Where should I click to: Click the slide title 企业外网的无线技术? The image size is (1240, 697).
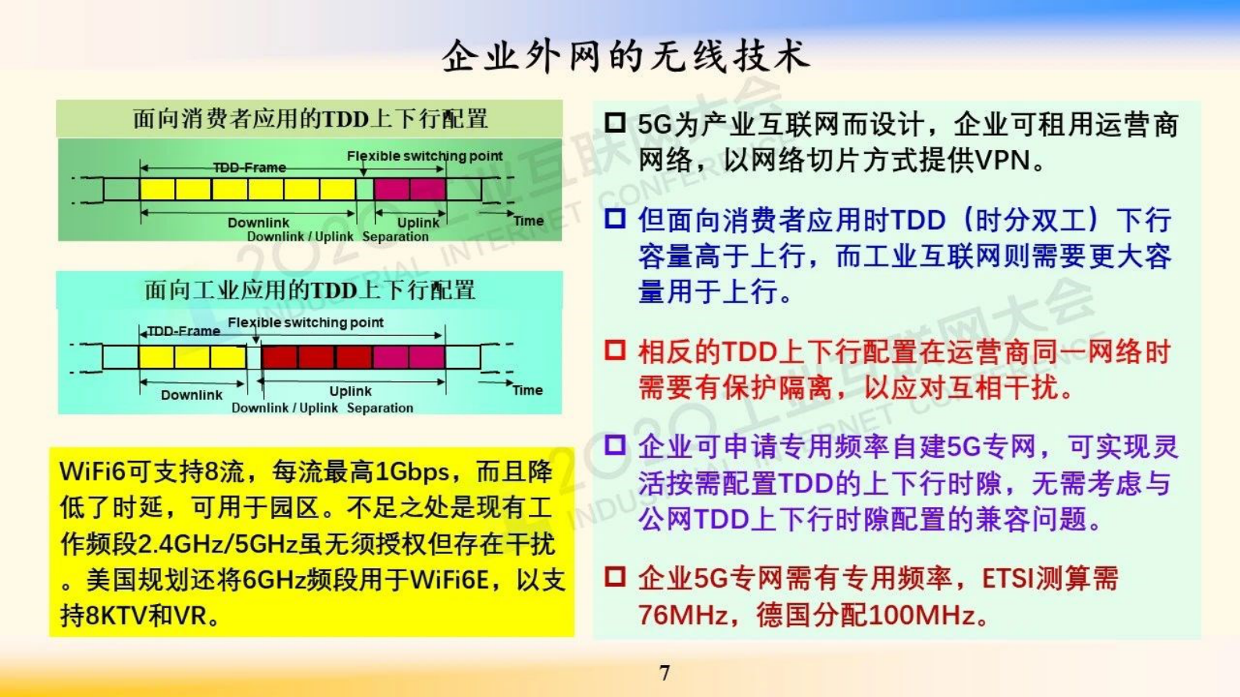[625, 56]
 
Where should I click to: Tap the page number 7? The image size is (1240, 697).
[664, 673]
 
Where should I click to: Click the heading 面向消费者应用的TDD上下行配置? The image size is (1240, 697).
[310, 119]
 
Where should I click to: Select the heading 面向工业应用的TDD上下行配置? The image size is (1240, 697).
[310, 290]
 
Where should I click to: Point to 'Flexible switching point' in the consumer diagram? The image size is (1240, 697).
[424, 155]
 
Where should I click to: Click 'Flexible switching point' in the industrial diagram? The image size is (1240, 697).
[306, 322]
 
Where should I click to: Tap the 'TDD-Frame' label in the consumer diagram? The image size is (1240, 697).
[249, 167]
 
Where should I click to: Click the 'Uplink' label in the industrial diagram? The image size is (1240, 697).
[350, 391]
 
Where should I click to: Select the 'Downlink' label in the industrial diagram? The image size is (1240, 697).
[191, 395]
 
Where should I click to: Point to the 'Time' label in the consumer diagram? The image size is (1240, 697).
[528, 221]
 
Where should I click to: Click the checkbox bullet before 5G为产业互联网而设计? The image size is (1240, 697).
[615, 123]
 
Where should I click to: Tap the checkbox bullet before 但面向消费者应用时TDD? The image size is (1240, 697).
[615, 218]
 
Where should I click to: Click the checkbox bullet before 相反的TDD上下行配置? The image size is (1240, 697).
[615, 349]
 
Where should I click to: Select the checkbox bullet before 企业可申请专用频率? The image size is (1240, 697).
[615, 445]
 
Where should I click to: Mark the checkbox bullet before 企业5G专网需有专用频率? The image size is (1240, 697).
[615, 577]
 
